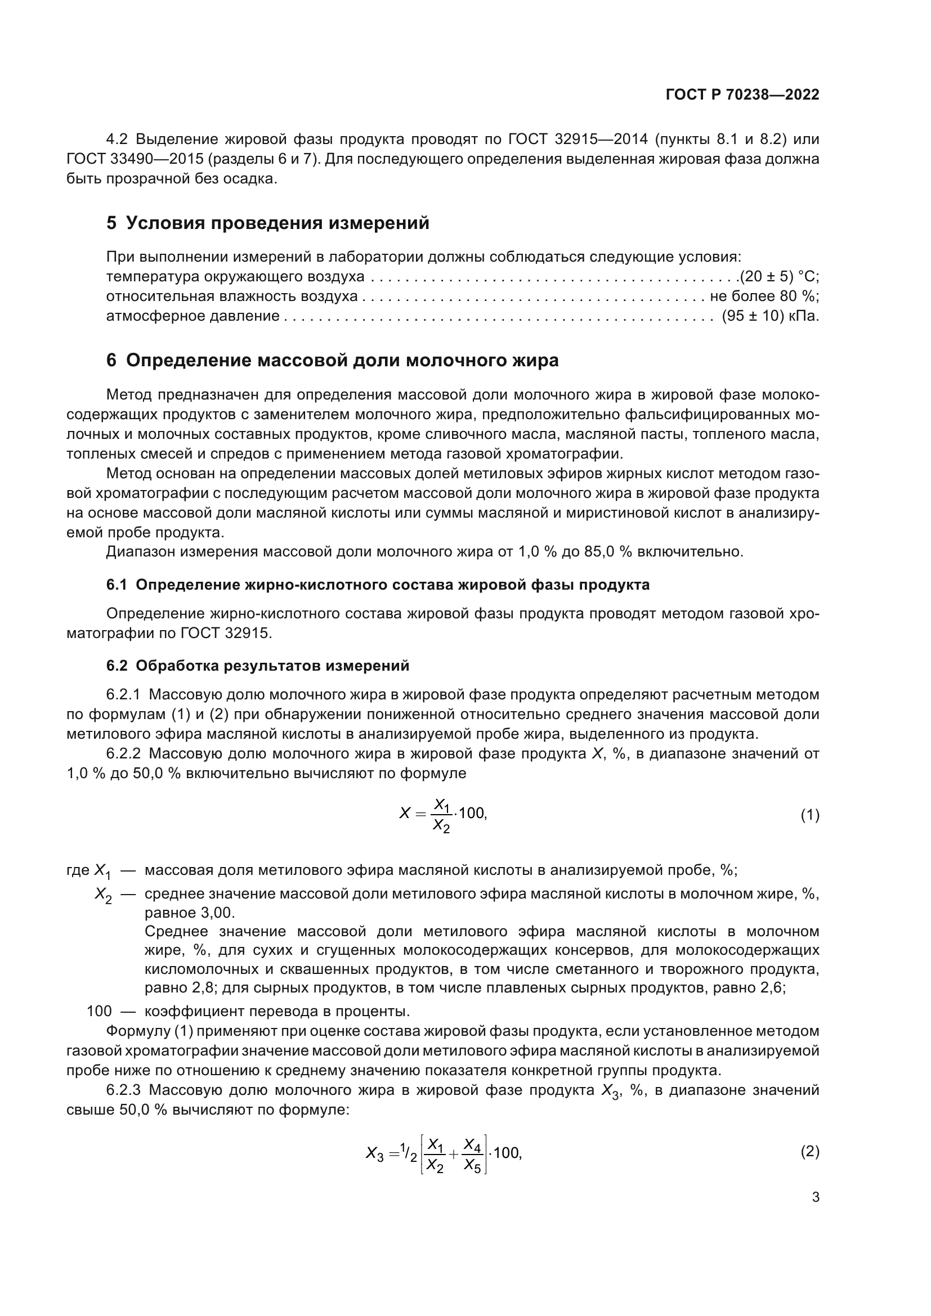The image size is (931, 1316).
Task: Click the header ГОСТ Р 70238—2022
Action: coord(742,95)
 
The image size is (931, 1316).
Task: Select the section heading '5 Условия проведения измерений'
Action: coord(268,223)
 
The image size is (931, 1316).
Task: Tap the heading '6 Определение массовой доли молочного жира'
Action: coord(333,361)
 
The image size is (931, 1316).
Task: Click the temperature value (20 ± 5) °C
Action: coord(778,277)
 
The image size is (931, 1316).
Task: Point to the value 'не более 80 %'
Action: coord(764,297)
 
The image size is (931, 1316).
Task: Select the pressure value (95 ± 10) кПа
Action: coord(770,316)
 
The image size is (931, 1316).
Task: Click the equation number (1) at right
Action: coord(809,815)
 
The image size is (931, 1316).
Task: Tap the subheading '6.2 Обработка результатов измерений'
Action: coord(258,666)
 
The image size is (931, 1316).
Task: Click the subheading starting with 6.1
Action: coord(378,585)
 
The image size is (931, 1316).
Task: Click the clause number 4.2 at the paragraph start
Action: coord(119,140)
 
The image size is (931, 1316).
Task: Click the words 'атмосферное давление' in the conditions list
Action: coord(193,316)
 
